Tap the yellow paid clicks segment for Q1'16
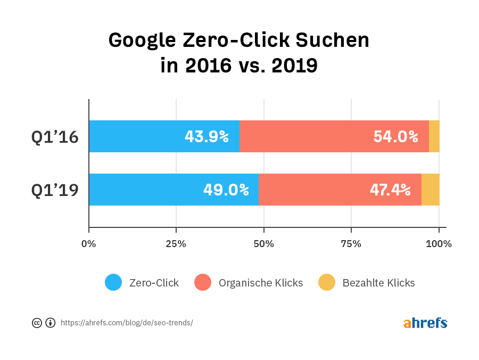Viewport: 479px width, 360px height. pos(434,136)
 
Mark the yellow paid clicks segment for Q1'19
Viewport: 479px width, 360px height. pos(430,190)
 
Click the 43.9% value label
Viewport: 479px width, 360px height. pos(207,137)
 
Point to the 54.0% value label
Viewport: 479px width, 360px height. pos(395,137)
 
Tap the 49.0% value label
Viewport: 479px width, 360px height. pos(226,190)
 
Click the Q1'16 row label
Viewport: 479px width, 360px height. pos(55,137)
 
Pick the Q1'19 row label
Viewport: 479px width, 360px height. pos(55,190)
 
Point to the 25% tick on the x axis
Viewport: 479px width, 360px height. pos(176,244)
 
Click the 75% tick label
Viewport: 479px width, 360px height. pos(351,244)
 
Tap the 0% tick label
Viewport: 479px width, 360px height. pos(88,244)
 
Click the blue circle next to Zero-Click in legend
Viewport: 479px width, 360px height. pos(113,283)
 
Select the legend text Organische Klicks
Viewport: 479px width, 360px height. pos(260,283)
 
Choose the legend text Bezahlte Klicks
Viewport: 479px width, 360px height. pos(378,283)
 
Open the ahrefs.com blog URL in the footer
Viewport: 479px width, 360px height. pos(127,323)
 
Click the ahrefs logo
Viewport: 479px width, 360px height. pos(425,323)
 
